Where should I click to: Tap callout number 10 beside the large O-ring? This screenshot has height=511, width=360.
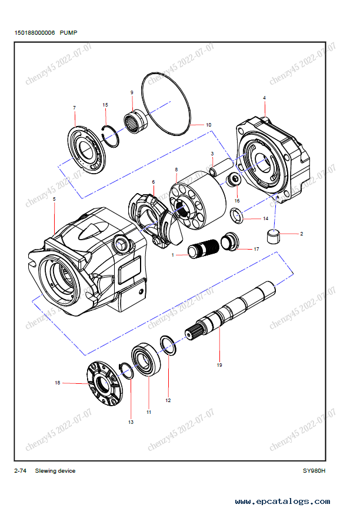click(209, 125)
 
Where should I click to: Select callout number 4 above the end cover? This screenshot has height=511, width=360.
click(264, 97)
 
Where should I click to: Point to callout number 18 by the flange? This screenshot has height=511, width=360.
click(58, 383)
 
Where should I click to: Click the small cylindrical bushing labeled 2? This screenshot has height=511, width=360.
click(272, 237)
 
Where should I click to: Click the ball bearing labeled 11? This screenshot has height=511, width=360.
click(146, 358)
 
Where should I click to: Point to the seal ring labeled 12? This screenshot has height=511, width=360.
click(168, 347)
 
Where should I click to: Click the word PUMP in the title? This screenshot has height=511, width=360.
click(68, 34)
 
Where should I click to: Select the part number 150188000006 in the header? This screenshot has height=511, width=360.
click(35, 34)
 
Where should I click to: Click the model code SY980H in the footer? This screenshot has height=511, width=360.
click(314, 470)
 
